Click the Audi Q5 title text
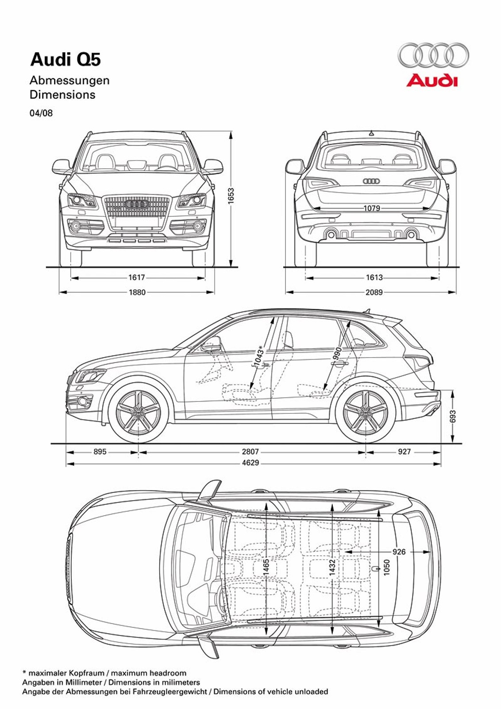click(x=66, y=60)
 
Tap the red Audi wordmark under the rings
click(x=432, y=81)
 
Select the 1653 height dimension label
click(x=231, y=196)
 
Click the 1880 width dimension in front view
click(x=137, y=292)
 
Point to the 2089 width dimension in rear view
click(x=374, y=292)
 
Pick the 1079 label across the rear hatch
click(x=372, y=208)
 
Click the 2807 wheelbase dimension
click(x=250, y=452)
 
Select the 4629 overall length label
click(x=250, y=463)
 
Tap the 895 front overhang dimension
click(x=100, y=452)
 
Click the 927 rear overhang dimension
click(x=404, y=452)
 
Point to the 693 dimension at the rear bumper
click(x=452, y=417)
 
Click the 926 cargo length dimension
click(x=399, y=552)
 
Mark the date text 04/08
click(x=41, y=113)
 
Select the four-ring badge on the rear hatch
click(x=371, y=181)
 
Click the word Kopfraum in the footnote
click(x=86, y=673)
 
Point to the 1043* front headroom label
click(x=259, y=356)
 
